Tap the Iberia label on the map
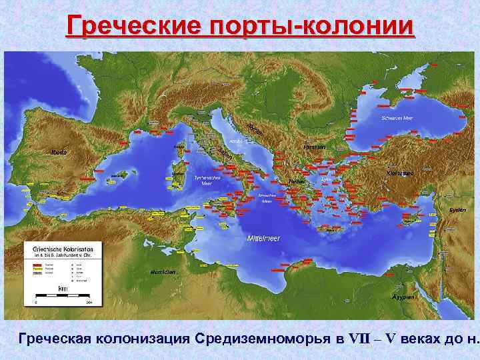pyautogui.click(x=59, y=152)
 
